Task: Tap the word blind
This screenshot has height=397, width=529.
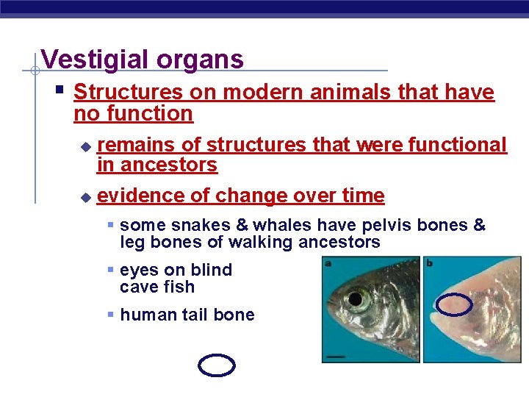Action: point(209,271)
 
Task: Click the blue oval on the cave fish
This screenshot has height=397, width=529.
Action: point(454,304)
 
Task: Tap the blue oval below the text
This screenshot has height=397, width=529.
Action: point(217,365)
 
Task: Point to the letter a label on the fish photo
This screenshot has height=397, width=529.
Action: point(328,262)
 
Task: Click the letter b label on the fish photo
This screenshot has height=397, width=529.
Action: point(429,262)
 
